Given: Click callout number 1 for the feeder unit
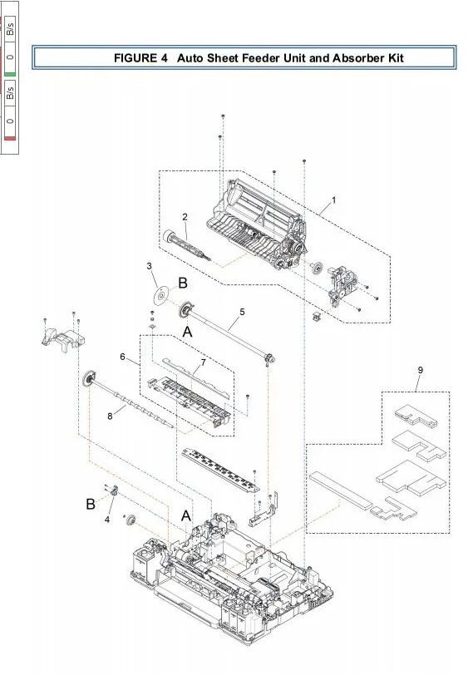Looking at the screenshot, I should tap(334, 200).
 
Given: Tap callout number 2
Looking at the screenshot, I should tap(185, 216).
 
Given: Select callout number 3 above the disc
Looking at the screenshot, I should tap(150, 266).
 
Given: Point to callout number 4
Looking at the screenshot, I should tap(107, 520).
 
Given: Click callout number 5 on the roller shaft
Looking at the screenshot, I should tap(242, 311).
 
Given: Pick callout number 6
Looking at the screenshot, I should tap(122, 357).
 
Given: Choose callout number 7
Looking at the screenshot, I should tap(203, 362).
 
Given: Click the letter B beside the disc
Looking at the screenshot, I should tap(183, 283).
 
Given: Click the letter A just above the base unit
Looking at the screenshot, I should tap(188, 515).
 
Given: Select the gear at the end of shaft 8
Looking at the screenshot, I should tap(86, 381).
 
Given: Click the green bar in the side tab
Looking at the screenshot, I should tap(10, 73).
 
